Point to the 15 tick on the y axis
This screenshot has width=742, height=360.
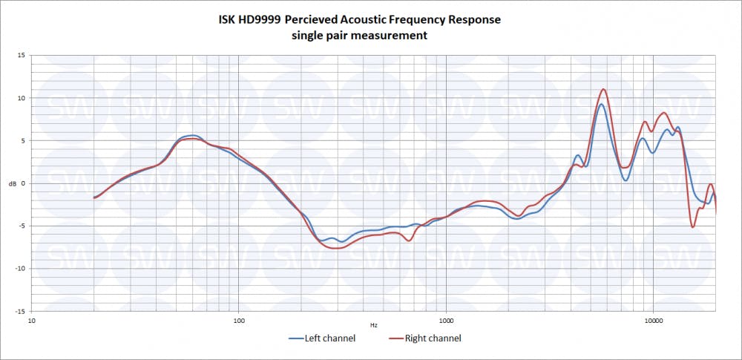click(22, 55)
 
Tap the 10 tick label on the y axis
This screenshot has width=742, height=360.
click(22, 98)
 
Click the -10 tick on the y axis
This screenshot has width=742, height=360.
click(20, 269)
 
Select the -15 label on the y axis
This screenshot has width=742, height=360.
click(20, 312)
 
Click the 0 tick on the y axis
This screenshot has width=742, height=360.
click(23, 183)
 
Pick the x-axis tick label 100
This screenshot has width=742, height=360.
click(238, 321)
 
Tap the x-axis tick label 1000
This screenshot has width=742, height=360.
click(446, 321)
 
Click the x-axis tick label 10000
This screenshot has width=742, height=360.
click(653, 321)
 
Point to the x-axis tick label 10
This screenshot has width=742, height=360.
click(31, 321)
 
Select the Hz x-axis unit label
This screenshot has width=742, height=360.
click(374, 326)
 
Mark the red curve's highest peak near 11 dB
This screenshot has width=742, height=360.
click(604, 89)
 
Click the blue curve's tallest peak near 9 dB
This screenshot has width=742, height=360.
click(602, 104)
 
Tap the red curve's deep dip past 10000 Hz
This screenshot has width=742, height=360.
click(693, 227)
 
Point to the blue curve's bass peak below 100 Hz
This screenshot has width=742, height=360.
click(193, 136)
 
